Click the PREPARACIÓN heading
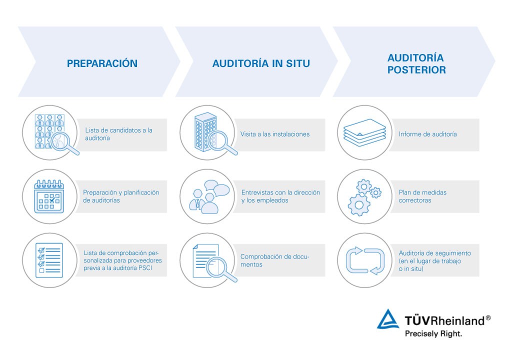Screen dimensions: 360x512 click(102, 63)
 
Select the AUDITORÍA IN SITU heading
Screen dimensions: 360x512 click(261, 63)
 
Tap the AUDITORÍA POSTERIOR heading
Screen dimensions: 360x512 click(416, 63)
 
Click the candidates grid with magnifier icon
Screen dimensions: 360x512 click(50, 132)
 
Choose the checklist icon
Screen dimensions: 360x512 click(49, 260)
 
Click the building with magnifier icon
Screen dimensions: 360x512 click(207, 132)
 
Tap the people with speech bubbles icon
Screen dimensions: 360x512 click(207, 196)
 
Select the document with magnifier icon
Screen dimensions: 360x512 click(207, 260)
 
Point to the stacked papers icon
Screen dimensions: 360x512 click(365, 132)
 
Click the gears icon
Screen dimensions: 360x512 click(365, 196)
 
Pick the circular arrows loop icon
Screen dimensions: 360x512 click(365, 260)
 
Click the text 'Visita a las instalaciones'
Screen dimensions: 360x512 click(275, 134)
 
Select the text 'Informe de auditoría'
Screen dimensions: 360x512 click(427, 134)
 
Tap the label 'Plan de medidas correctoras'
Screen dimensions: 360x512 click(422, 196)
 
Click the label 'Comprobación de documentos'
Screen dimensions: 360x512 click(274, 260)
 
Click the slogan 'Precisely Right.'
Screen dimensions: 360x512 click(433, 333)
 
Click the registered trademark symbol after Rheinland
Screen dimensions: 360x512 click(488, 317)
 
